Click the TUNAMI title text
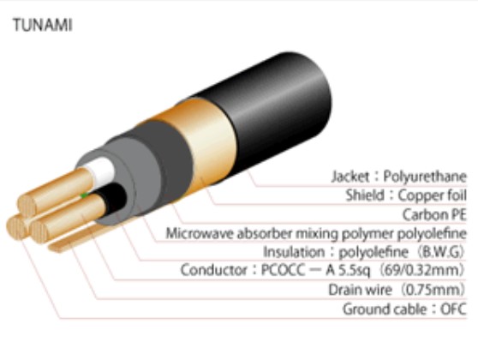pos(43,25)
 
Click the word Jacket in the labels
pos(350,177)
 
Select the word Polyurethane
pos(425,177)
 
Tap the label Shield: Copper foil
pos(406,195)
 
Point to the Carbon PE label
pos(434,214)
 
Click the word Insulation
pos(294,252)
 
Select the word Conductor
pos(214,270)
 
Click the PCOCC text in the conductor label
pos(283,270)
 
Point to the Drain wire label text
pos(360,290)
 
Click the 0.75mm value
pos(433,290)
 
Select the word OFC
pos(454,309)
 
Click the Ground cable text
pos(385,309)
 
